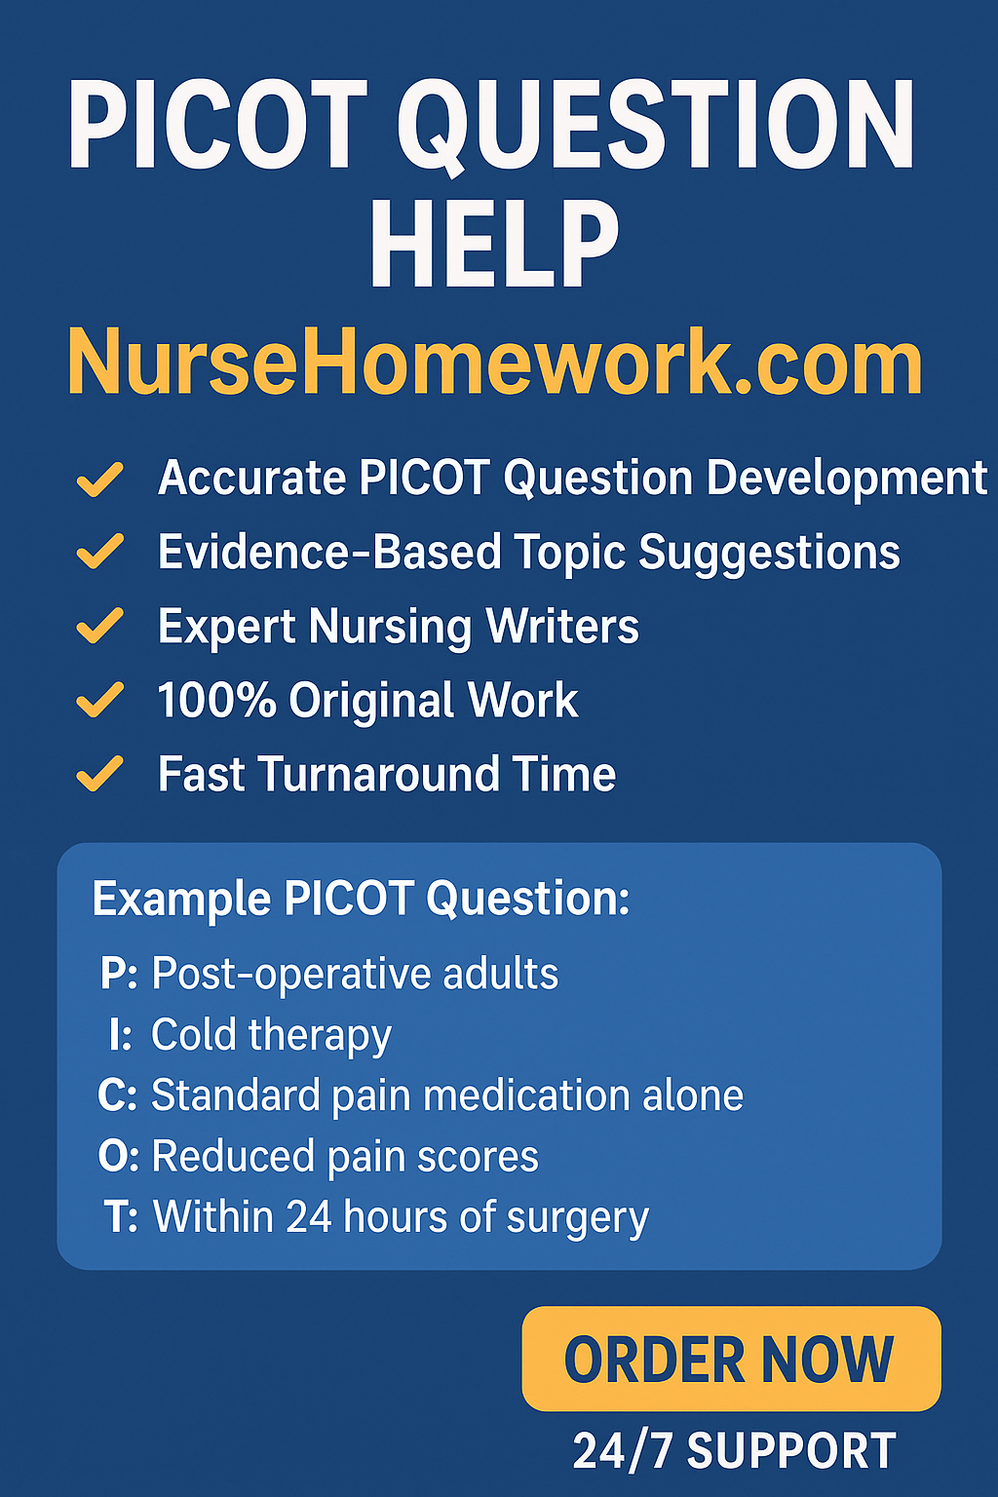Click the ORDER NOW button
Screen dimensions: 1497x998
click(731, 1359)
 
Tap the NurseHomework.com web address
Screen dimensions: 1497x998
click(495, 363)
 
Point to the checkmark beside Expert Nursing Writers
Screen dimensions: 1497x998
click(100, 626)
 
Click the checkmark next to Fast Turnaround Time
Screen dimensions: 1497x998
click(100, 775)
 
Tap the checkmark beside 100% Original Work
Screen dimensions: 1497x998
click(100, 700)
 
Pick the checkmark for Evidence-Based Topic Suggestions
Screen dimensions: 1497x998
click(100, 552)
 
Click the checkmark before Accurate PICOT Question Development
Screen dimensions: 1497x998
click(100, 479)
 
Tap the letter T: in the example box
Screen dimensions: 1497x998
click(122, 1217)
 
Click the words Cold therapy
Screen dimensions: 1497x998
click(271, 1035)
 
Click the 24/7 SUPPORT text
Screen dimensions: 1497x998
click(734, 1451)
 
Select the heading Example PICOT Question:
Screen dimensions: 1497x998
click(361, 899)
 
